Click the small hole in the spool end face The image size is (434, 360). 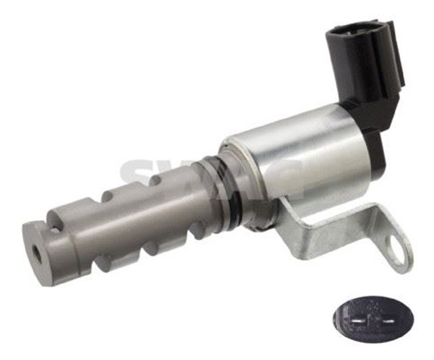[x=35, y=252]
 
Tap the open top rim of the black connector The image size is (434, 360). [x=359, y=30]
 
